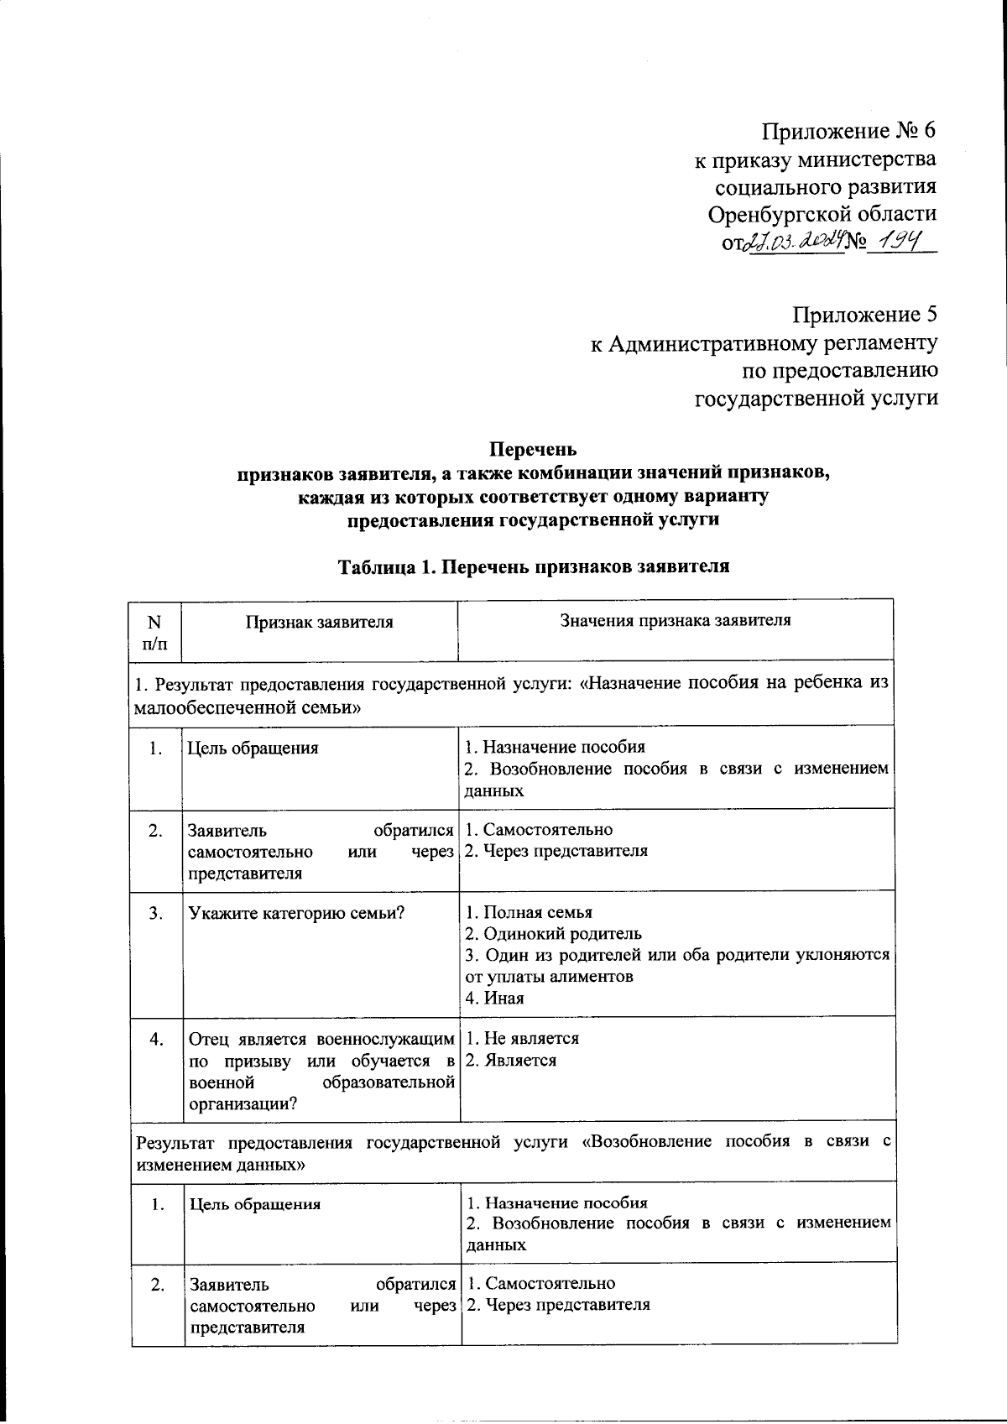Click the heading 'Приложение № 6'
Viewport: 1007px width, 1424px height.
[848, 132]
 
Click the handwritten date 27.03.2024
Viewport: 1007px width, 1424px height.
[791, 243]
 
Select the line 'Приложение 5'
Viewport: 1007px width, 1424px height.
[864, 315]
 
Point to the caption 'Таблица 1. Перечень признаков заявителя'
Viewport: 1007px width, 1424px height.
[533, 566]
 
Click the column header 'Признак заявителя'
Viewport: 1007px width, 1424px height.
[319, 623]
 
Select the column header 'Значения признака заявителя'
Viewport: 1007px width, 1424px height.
[675, 621]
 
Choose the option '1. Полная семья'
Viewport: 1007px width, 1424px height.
[529, 912]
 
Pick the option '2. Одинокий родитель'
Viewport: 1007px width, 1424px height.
[553, 934]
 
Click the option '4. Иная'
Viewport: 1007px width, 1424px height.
[494, 999]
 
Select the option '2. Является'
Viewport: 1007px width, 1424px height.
[510, 1061]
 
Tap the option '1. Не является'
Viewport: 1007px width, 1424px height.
[522, 1039]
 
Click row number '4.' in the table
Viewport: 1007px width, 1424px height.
[156, 1040]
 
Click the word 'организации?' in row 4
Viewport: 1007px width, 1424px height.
[243, 1104]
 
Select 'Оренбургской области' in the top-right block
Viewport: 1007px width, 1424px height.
[822, 214]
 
